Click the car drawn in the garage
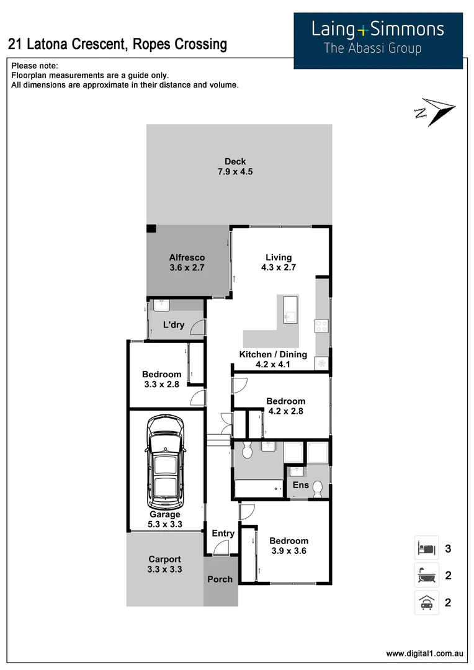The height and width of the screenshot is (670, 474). click(x=164, y=461)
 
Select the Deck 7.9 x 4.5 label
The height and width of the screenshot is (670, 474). click(x=235, y=167)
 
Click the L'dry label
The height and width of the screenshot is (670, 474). click(x=173, y=324)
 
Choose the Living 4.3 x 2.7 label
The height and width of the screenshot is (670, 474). click(x=278, y=262)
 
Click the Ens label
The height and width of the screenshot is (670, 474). click(x=300, y=485)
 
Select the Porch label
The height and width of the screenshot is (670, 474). click(x=220, y=579)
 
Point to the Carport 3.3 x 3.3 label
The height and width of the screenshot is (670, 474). click(x=164, y=564)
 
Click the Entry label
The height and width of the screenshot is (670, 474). click(x=223, y=534)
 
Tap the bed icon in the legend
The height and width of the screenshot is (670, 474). click(x=426, y=548)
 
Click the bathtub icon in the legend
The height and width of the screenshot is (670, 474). click(x=426, y=576)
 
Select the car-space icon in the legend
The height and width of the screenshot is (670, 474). click(x=426, y=602)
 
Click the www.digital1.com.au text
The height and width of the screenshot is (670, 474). click(x=424, y=653)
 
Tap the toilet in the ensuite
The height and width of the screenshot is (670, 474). click(x=318, y=489)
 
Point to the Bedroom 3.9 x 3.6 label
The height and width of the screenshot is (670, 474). click(x=288, y=545)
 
